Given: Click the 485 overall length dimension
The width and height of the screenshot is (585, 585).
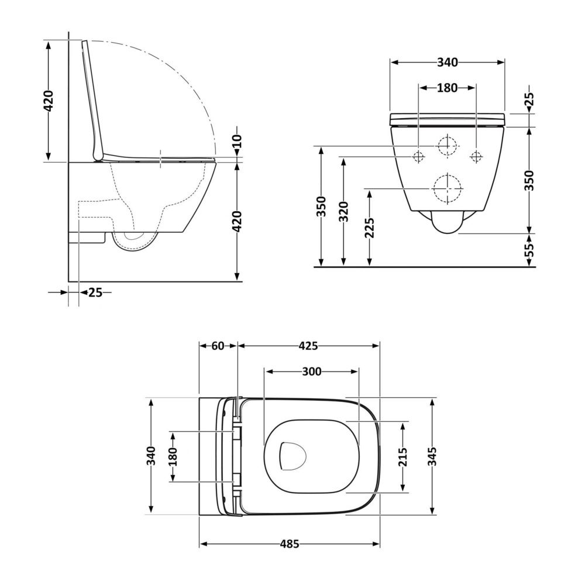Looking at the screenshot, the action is pyautogui.click(x=290, y=544).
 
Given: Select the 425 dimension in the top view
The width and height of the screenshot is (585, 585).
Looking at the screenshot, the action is pyautogui.click(x=308, y=346).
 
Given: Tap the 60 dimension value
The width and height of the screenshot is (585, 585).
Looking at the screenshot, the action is pyautogui.click(x=218, y=346).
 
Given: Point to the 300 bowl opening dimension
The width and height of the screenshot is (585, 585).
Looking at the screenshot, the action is pyautogui.click(x=312, y=371).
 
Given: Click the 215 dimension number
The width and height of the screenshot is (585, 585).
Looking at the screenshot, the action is pyautogui.click(x=403, y=457).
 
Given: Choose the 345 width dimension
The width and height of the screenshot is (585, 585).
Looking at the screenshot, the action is pyautogui.click(x=432, y=456).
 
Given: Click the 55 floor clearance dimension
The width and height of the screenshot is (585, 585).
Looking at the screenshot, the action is pyautogui.click(x=529, y=250).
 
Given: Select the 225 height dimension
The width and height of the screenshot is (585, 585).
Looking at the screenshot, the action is pyautogui.click(x=369, y=228).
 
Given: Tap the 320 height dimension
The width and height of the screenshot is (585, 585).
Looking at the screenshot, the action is pyautogui.click(x=343, y=212).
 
